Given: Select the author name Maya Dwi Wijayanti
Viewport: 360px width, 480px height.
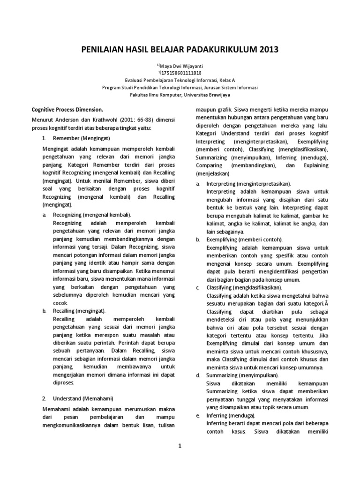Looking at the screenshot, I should (182, 66).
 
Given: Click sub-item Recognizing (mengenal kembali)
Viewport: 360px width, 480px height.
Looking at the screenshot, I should (88, 214).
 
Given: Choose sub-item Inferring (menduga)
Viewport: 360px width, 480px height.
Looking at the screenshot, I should (231, 415).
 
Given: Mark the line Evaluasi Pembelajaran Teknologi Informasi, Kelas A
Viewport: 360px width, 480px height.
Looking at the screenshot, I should (180, 80).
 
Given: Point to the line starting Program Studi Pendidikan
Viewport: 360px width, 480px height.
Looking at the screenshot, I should (180, 87).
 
